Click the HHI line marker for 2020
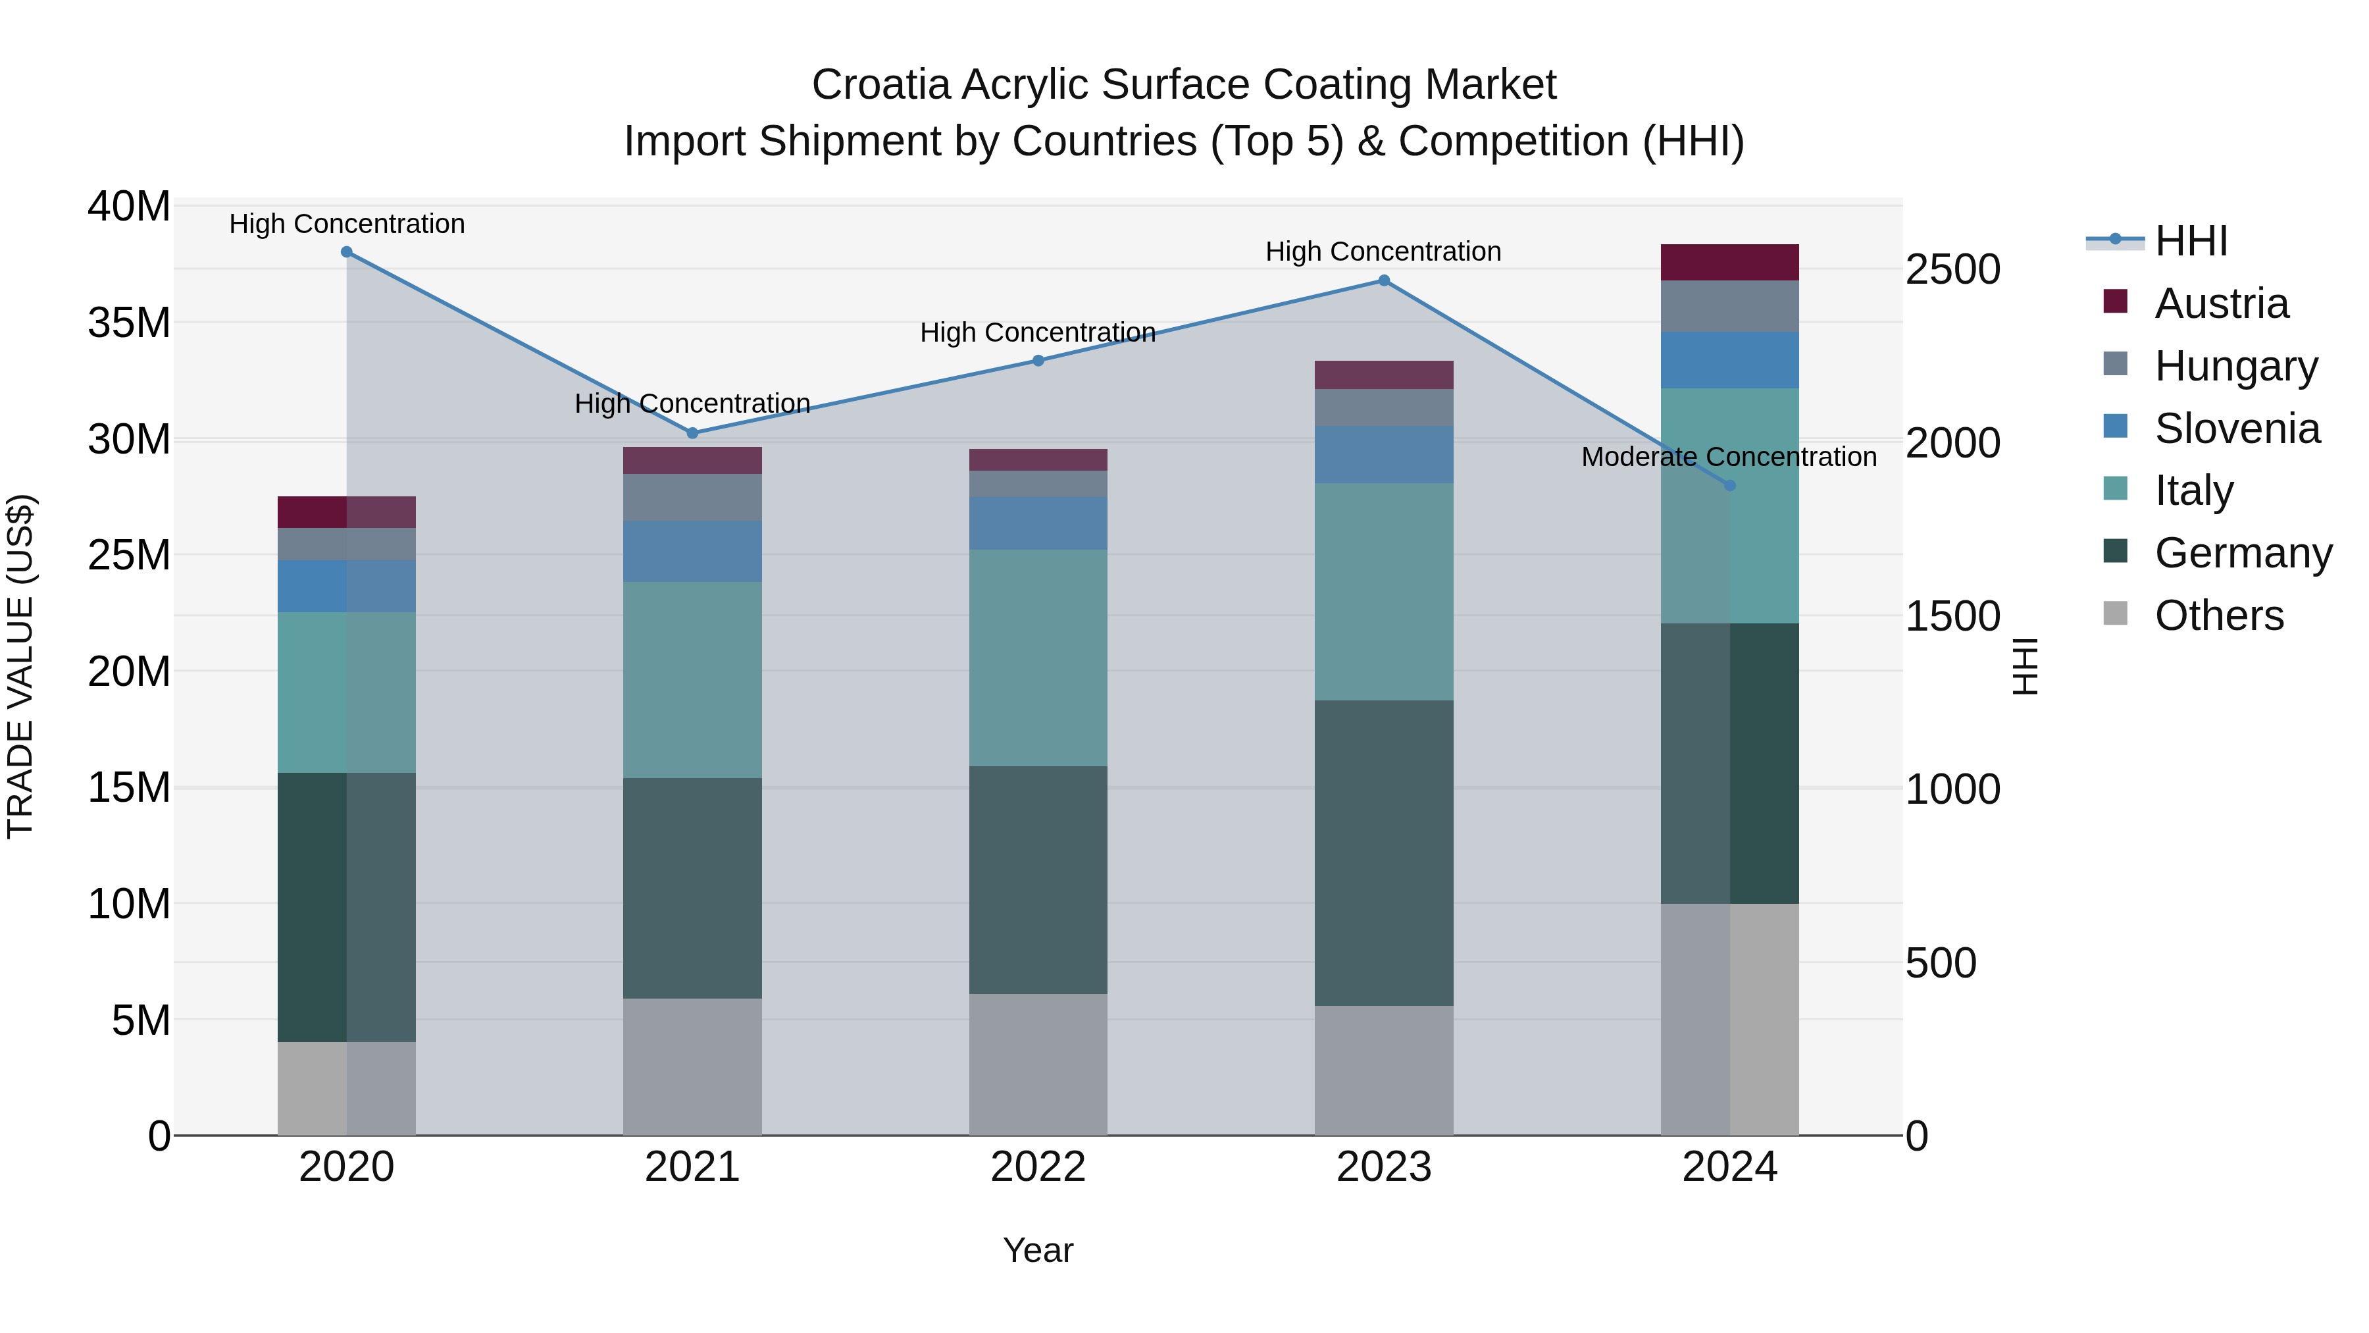(347, 252)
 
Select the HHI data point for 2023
(1383, 280)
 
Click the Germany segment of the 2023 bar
(1383, 852)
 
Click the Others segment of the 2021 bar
(692, 1066)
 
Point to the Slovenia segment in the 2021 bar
(692, 551)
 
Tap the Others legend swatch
(2115, 614)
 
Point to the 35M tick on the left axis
(129, 323)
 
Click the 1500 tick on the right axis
(1952, 616)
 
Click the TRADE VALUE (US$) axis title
(20, 666)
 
